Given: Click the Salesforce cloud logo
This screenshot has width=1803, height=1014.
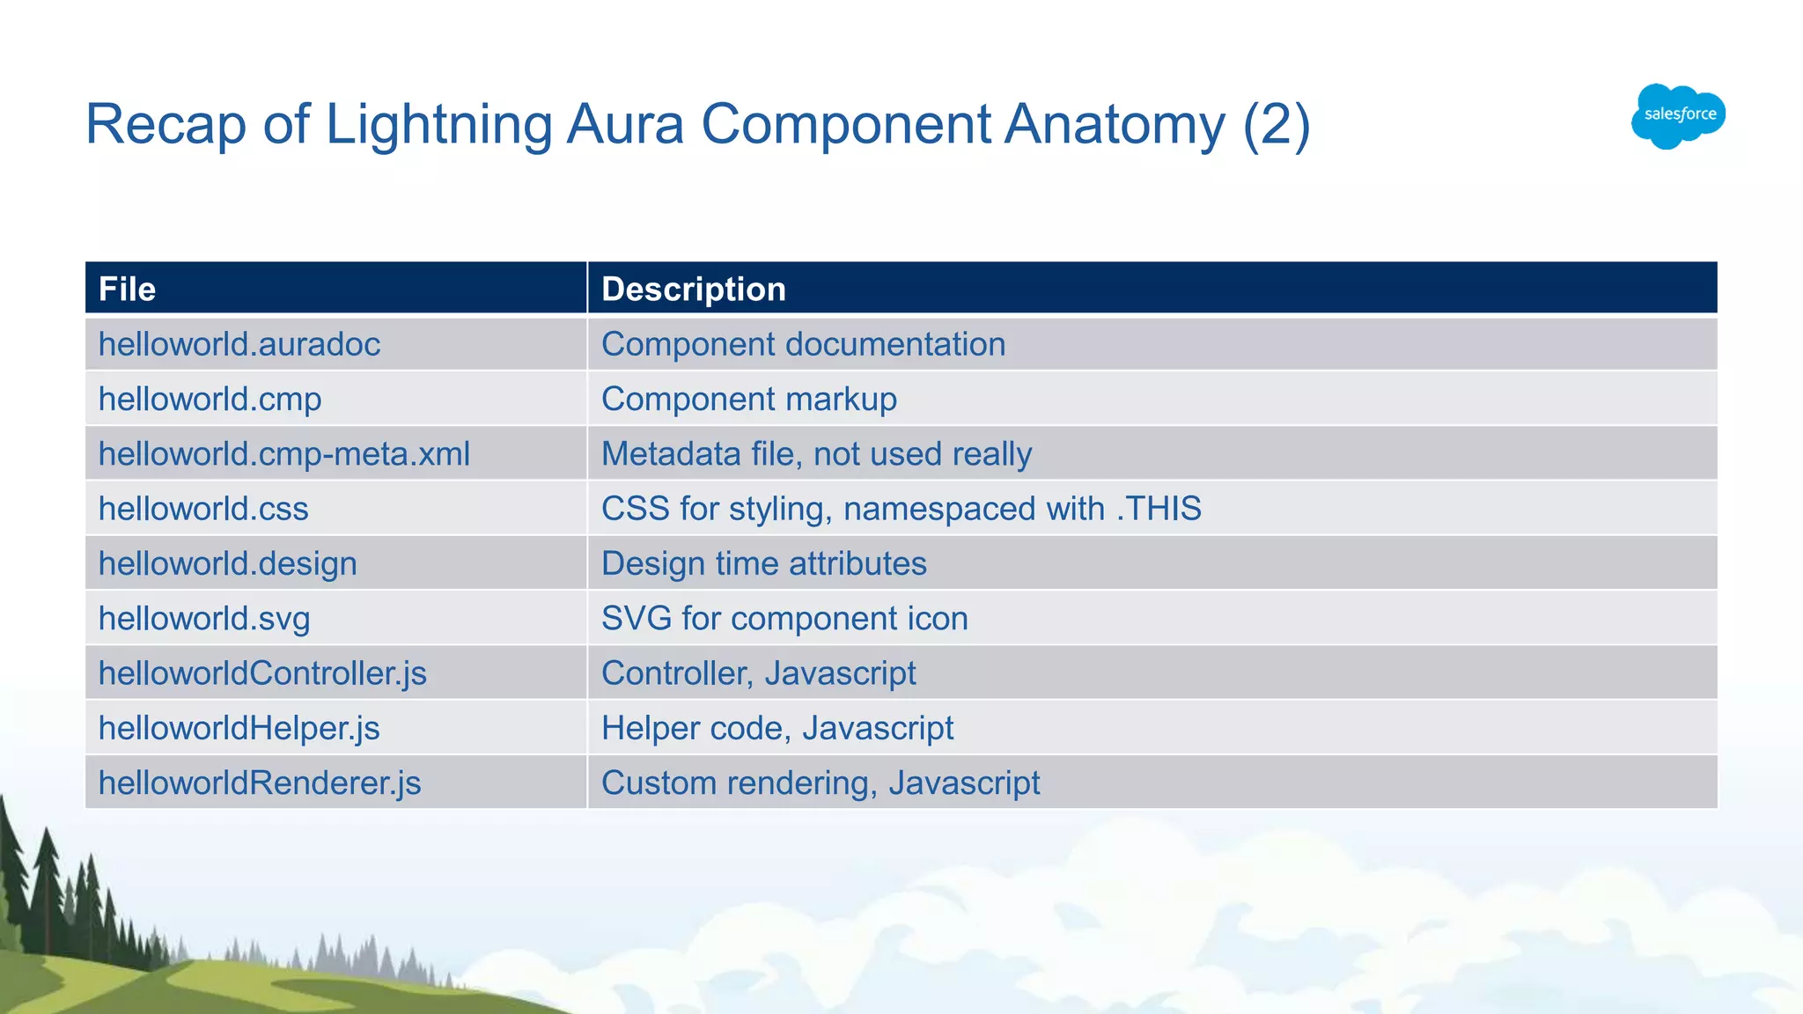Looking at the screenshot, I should (1678, 115).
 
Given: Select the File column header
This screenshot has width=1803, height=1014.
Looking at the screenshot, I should (127, 289).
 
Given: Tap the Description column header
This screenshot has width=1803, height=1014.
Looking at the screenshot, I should (693, 289).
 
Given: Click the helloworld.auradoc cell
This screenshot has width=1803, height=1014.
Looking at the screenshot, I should (239, 344).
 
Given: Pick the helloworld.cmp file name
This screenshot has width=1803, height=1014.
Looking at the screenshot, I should (210, 399).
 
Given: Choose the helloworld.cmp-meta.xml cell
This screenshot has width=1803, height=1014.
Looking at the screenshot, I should (283, 454).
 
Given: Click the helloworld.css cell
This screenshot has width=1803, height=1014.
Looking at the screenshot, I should (203, 509).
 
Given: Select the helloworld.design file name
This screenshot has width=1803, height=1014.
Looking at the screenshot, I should (227, 563).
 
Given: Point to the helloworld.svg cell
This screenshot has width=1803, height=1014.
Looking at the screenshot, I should (204, 618).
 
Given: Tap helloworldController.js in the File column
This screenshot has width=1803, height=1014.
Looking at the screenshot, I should (262, 673).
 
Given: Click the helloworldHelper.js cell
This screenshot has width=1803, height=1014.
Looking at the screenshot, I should (239, 728).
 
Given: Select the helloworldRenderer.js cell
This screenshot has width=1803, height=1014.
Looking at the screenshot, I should (260, 783).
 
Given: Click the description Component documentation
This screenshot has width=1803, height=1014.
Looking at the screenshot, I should (803, 344).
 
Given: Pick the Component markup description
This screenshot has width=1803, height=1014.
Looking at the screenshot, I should (748, 399).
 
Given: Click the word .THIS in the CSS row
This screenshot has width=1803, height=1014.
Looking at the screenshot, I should (1159, 509).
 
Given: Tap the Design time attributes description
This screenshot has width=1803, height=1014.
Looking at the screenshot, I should (763, 563).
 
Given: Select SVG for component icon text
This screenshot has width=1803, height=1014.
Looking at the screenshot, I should (784, 618).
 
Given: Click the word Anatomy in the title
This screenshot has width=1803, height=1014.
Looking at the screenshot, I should (1115, 124).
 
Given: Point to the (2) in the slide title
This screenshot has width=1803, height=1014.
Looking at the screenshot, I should (1277, 124).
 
